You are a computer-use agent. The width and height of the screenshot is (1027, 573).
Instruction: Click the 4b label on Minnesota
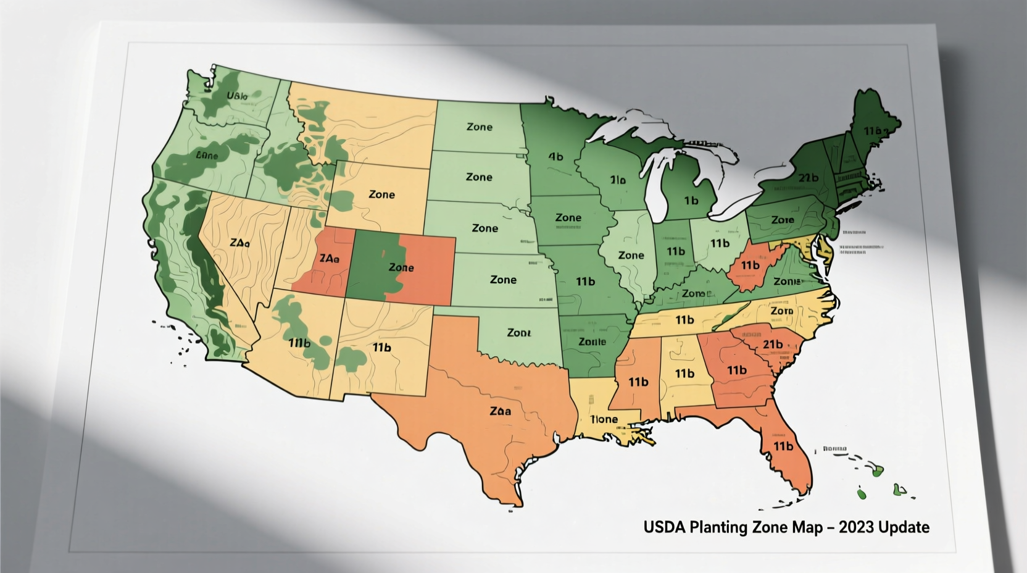pos(555,157)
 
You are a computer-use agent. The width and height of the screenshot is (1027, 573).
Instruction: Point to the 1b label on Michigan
pos(691,201)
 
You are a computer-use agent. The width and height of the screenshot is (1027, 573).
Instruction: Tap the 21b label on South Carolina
pos(772,344)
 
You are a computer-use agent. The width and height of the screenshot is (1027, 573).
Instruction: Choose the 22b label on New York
pos(808,178)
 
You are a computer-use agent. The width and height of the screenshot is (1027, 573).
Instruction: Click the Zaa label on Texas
pos(500,411)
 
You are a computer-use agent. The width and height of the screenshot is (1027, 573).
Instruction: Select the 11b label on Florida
pos(783,446)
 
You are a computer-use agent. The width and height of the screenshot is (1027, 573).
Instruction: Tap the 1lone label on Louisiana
pos(604,419)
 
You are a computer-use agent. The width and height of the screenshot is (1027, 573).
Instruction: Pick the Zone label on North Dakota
pos(480,127)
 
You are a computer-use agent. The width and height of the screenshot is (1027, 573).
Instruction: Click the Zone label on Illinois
pos(631,255)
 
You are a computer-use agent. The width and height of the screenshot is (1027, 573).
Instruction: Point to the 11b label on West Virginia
pos(750,266)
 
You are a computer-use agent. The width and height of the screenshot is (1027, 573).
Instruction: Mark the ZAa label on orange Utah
pos(326,259)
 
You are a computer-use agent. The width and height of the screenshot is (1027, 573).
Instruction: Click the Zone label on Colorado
pos(401,267)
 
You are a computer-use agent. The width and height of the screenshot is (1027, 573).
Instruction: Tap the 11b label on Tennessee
pos(684,320)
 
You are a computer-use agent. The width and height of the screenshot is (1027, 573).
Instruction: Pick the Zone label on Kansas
pos(503,280)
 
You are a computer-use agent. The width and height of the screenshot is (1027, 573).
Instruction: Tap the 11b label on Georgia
pos(736,370)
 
